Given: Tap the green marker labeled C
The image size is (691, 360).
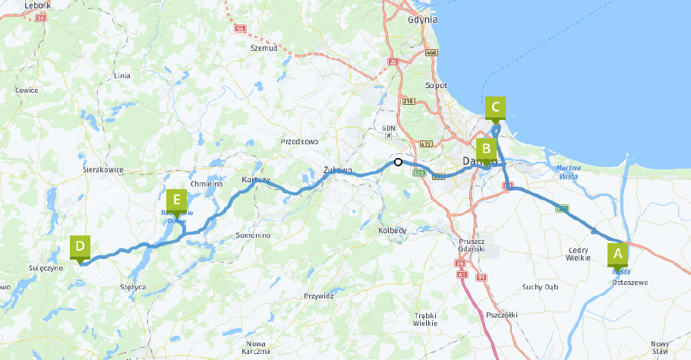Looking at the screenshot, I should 495,108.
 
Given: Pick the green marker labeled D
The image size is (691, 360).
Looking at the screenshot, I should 80,248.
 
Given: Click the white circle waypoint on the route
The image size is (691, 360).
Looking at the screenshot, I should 398,162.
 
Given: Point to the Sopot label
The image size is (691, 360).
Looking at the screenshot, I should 436,86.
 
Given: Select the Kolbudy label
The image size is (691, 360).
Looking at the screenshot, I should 393,229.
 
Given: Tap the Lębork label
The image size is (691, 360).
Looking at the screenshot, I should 37,5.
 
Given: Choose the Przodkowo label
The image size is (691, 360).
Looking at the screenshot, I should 299,141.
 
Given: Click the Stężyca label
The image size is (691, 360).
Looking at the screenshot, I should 132,287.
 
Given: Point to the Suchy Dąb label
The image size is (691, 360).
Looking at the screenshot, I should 540,286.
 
